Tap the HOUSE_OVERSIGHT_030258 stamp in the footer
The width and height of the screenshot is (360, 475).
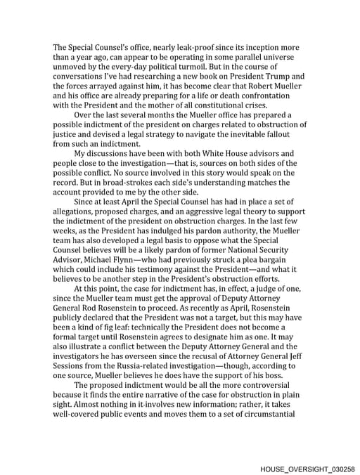pos(307,467)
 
